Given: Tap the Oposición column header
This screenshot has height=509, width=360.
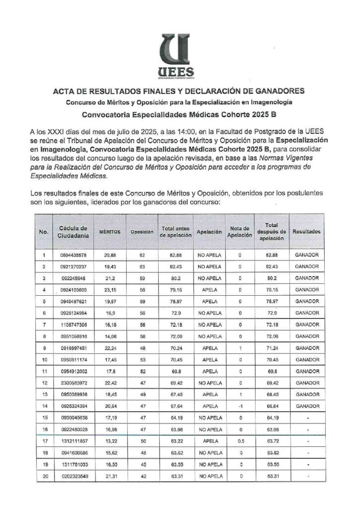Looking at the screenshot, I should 141,232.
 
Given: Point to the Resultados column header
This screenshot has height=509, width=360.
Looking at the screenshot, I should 306,232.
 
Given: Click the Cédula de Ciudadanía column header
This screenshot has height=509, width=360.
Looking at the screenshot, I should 73,232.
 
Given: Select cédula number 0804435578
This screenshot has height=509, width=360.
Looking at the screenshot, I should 73,255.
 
